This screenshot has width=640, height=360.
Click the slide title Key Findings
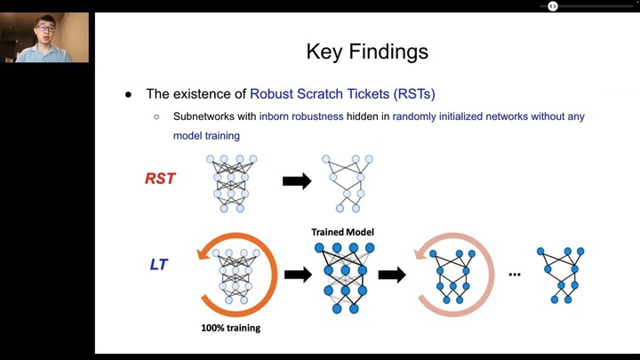[x=367, y=51]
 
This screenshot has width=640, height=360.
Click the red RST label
[x=160, y=179]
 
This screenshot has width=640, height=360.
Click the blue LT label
[x=159, y=265]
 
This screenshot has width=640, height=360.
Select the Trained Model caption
[x=342, y=232]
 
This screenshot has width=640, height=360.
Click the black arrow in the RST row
[x=296, y=180]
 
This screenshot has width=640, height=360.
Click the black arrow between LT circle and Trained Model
[x=298, y=275]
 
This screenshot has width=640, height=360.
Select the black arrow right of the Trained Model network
[x=392, y=275]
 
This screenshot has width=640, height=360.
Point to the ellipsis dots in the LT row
[x=514, y=275]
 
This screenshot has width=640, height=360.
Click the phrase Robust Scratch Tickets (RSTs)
[x=342, y=93]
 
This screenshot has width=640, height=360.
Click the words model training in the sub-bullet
[x=206, y=136]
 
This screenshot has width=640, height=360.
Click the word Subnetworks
[x=203, y=116]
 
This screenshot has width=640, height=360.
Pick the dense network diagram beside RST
[x=231, y=182]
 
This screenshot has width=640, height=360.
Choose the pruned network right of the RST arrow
[x=351, y=182]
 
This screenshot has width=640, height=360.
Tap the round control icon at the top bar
[x=552, y=6]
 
